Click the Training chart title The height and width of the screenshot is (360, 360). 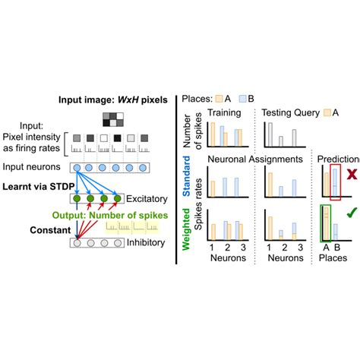coord(226,112)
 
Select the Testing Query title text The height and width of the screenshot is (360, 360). coord(289,112)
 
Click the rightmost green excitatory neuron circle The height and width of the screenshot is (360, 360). coord(118,200)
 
